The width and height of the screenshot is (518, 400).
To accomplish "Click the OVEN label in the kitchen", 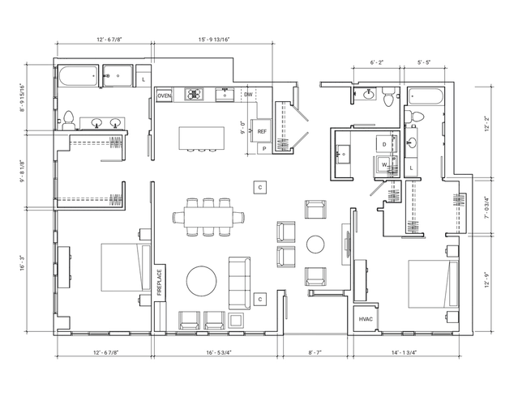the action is pos(165,96).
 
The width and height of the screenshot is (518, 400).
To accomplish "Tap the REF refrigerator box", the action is pos(262,131).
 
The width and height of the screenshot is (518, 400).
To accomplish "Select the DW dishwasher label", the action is pos(248,95).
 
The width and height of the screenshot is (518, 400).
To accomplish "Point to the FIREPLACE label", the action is pos(160,283).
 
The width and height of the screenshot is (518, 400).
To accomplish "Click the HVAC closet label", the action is pos(366,319).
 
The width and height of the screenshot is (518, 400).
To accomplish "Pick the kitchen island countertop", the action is pos(202,138).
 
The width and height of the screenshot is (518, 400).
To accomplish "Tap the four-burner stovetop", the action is pos(194,95).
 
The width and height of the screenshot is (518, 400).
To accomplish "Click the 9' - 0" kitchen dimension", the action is pos(243,127).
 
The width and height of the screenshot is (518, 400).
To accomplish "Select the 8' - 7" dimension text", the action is pos(315,352).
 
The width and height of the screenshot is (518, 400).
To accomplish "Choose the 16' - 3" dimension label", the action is pos(23,263).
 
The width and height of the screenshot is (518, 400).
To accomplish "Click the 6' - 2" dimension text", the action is pos(377,62).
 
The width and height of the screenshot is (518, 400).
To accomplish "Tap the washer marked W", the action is pos(384,164).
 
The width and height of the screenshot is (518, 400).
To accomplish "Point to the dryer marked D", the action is pos(385,144).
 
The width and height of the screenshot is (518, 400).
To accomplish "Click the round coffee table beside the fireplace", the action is pos(202,281).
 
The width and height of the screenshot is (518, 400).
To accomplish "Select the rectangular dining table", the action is pos(209,217).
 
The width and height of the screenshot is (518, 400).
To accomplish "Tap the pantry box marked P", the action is pos(264,149).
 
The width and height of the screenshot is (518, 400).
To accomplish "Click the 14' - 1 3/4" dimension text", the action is pos(404,352).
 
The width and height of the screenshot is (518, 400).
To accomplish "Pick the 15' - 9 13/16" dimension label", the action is pos(214,40).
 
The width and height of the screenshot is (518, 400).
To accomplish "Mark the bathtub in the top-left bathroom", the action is pos(79,77).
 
